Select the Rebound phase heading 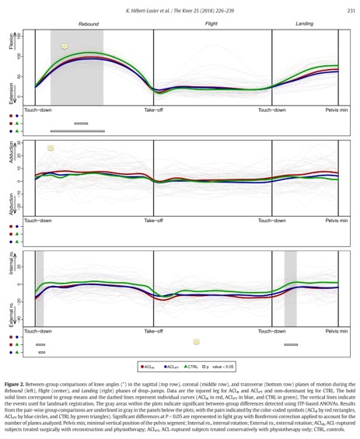click(x=89, y=24)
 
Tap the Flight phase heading click(x=210, y=24)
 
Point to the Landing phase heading click(x=304, y=24)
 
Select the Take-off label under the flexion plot click(x=153, y=112)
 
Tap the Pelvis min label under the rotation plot click(x=337, y=332)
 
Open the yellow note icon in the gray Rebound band click(x=65, y=47)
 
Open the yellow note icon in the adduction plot click(x=51, y=147)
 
